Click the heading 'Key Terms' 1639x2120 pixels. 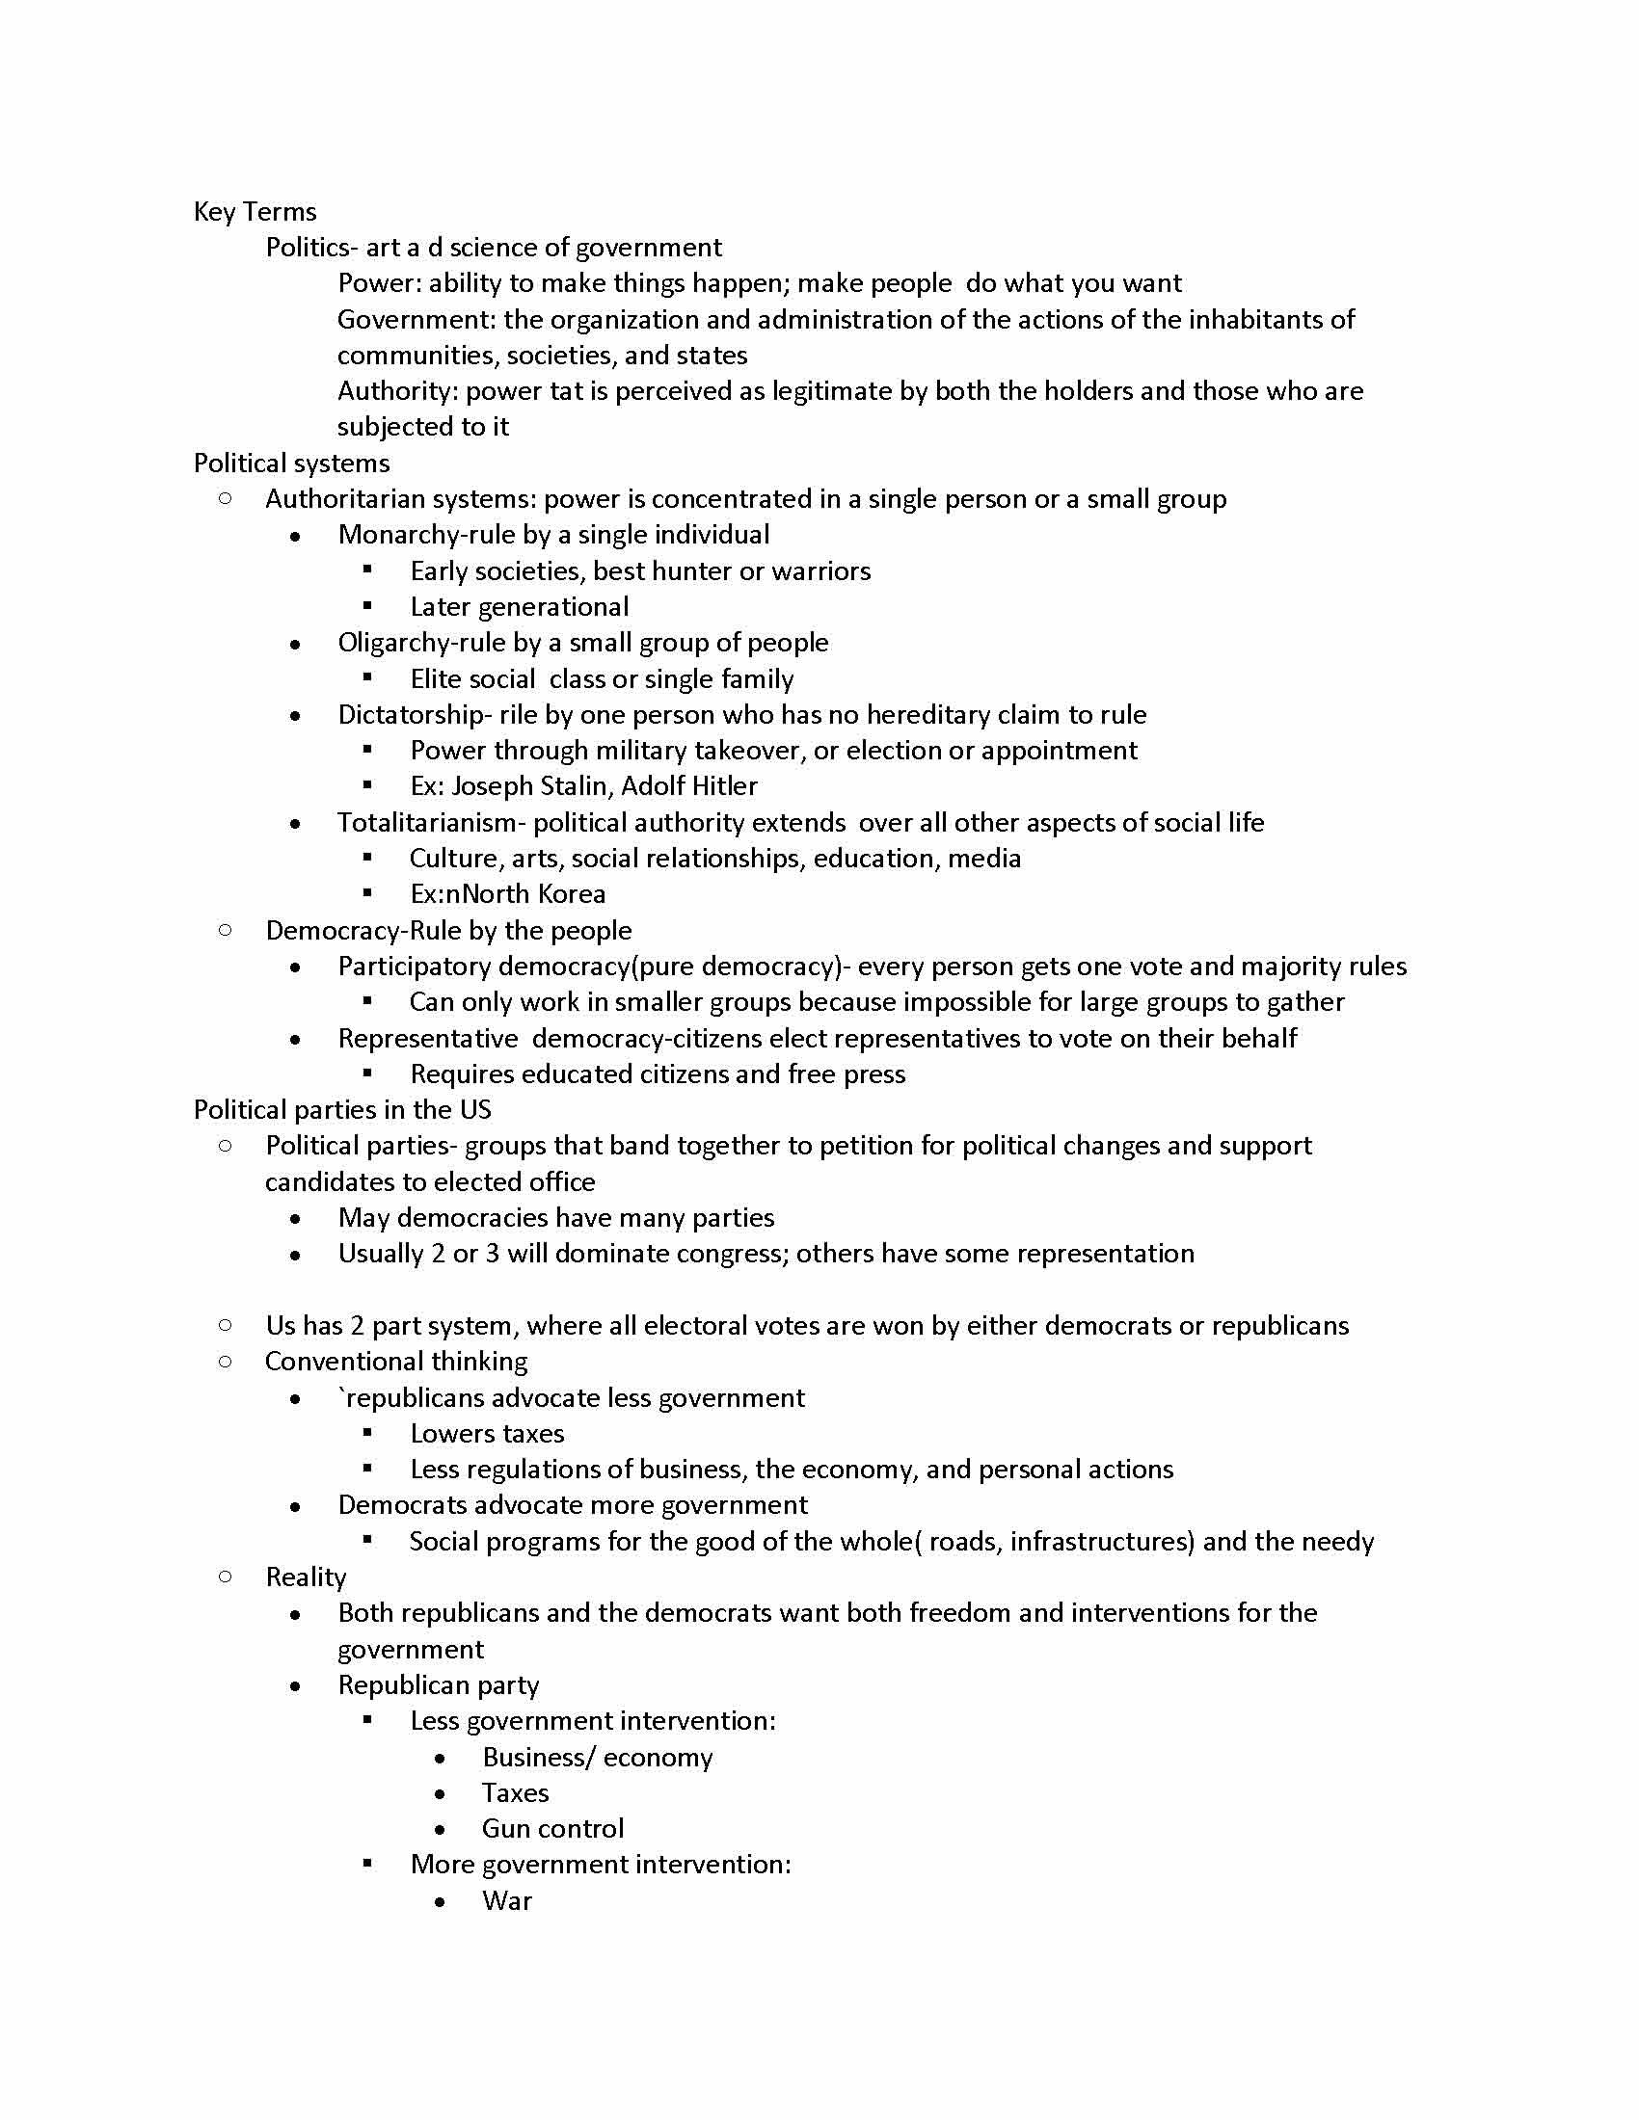255,212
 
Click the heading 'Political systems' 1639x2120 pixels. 291,463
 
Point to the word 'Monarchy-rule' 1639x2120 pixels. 413,535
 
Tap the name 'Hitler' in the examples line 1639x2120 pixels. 723,785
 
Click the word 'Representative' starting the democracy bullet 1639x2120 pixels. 427,1039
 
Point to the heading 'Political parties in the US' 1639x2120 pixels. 342,1109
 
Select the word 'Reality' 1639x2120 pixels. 306,1577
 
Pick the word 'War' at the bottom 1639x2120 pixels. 507,1900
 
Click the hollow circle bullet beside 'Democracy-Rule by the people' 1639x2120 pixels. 226,930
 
